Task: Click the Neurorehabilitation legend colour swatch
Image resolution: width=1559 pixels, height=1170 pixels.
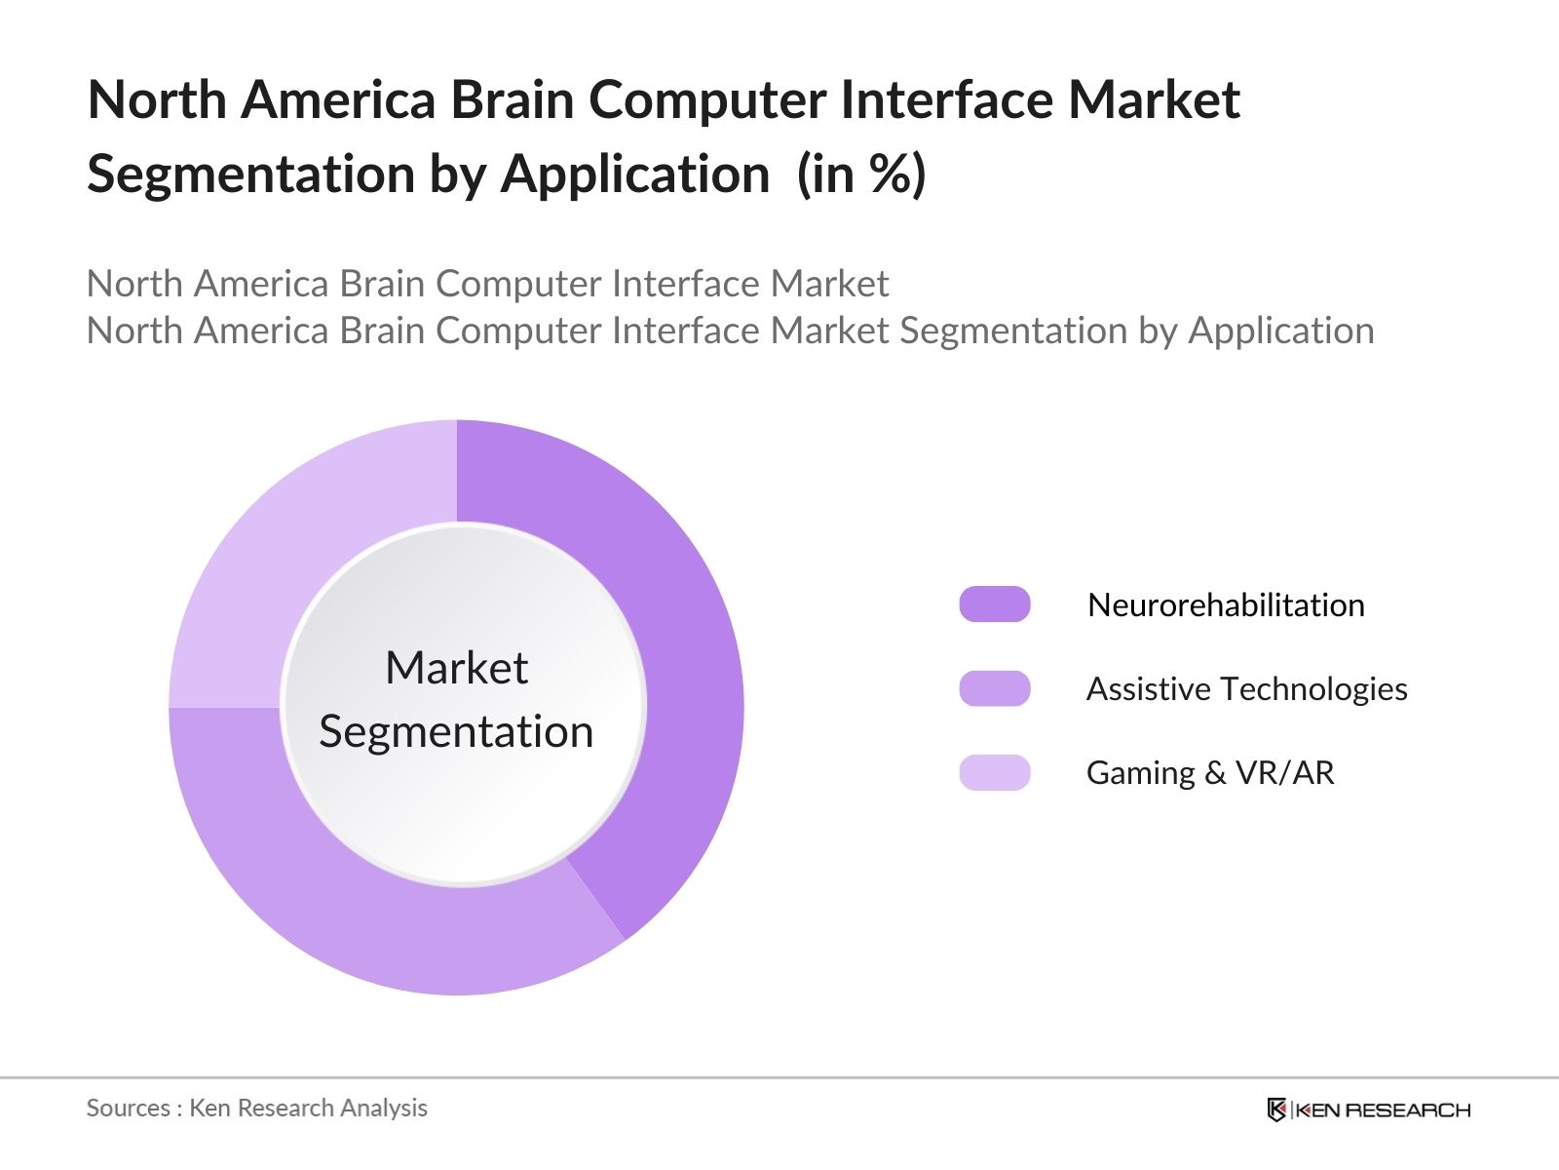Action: coord(994,604)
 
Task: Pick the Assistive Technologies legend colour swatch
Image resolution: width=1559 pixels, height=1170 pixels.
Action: coord(994,688)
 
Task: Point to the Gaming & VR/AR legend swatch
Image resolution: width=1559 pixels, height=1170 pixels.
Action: coord(994,772)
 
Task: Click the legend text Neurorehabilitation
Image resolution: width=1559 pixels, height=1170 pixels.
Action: coord(1226,604)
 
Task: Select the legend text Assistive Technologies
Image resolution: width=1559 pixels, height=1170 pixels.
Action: coord(1246,688)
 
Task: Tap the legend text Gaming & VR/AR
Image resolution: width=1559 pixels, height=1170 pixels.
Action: coord(1210,772)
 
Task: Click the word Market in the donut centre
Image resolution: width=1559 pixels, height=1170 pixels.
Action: coord(456,669)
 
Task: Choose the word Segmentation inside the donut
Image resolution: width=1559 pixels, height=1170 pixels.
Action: coord(456,731)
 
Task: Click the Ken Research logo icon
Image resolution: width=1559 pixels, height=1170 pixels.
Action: coord(1276,1110)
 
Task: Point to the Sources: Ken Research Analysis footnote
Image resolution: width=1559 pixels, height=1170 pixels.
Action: coord(256,1108)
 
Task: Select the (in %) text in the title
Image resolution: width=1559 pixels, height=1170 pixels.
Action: coord(861,175)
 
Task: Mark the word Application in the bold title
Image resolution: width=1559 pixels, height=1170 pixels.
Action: coord(635,175)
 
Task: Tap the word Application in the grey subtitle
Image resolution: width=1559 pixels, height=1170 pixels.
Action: coord(1281,331)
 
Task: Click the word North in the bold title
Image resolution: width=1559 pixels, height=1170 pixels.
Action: coord(157,99)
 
